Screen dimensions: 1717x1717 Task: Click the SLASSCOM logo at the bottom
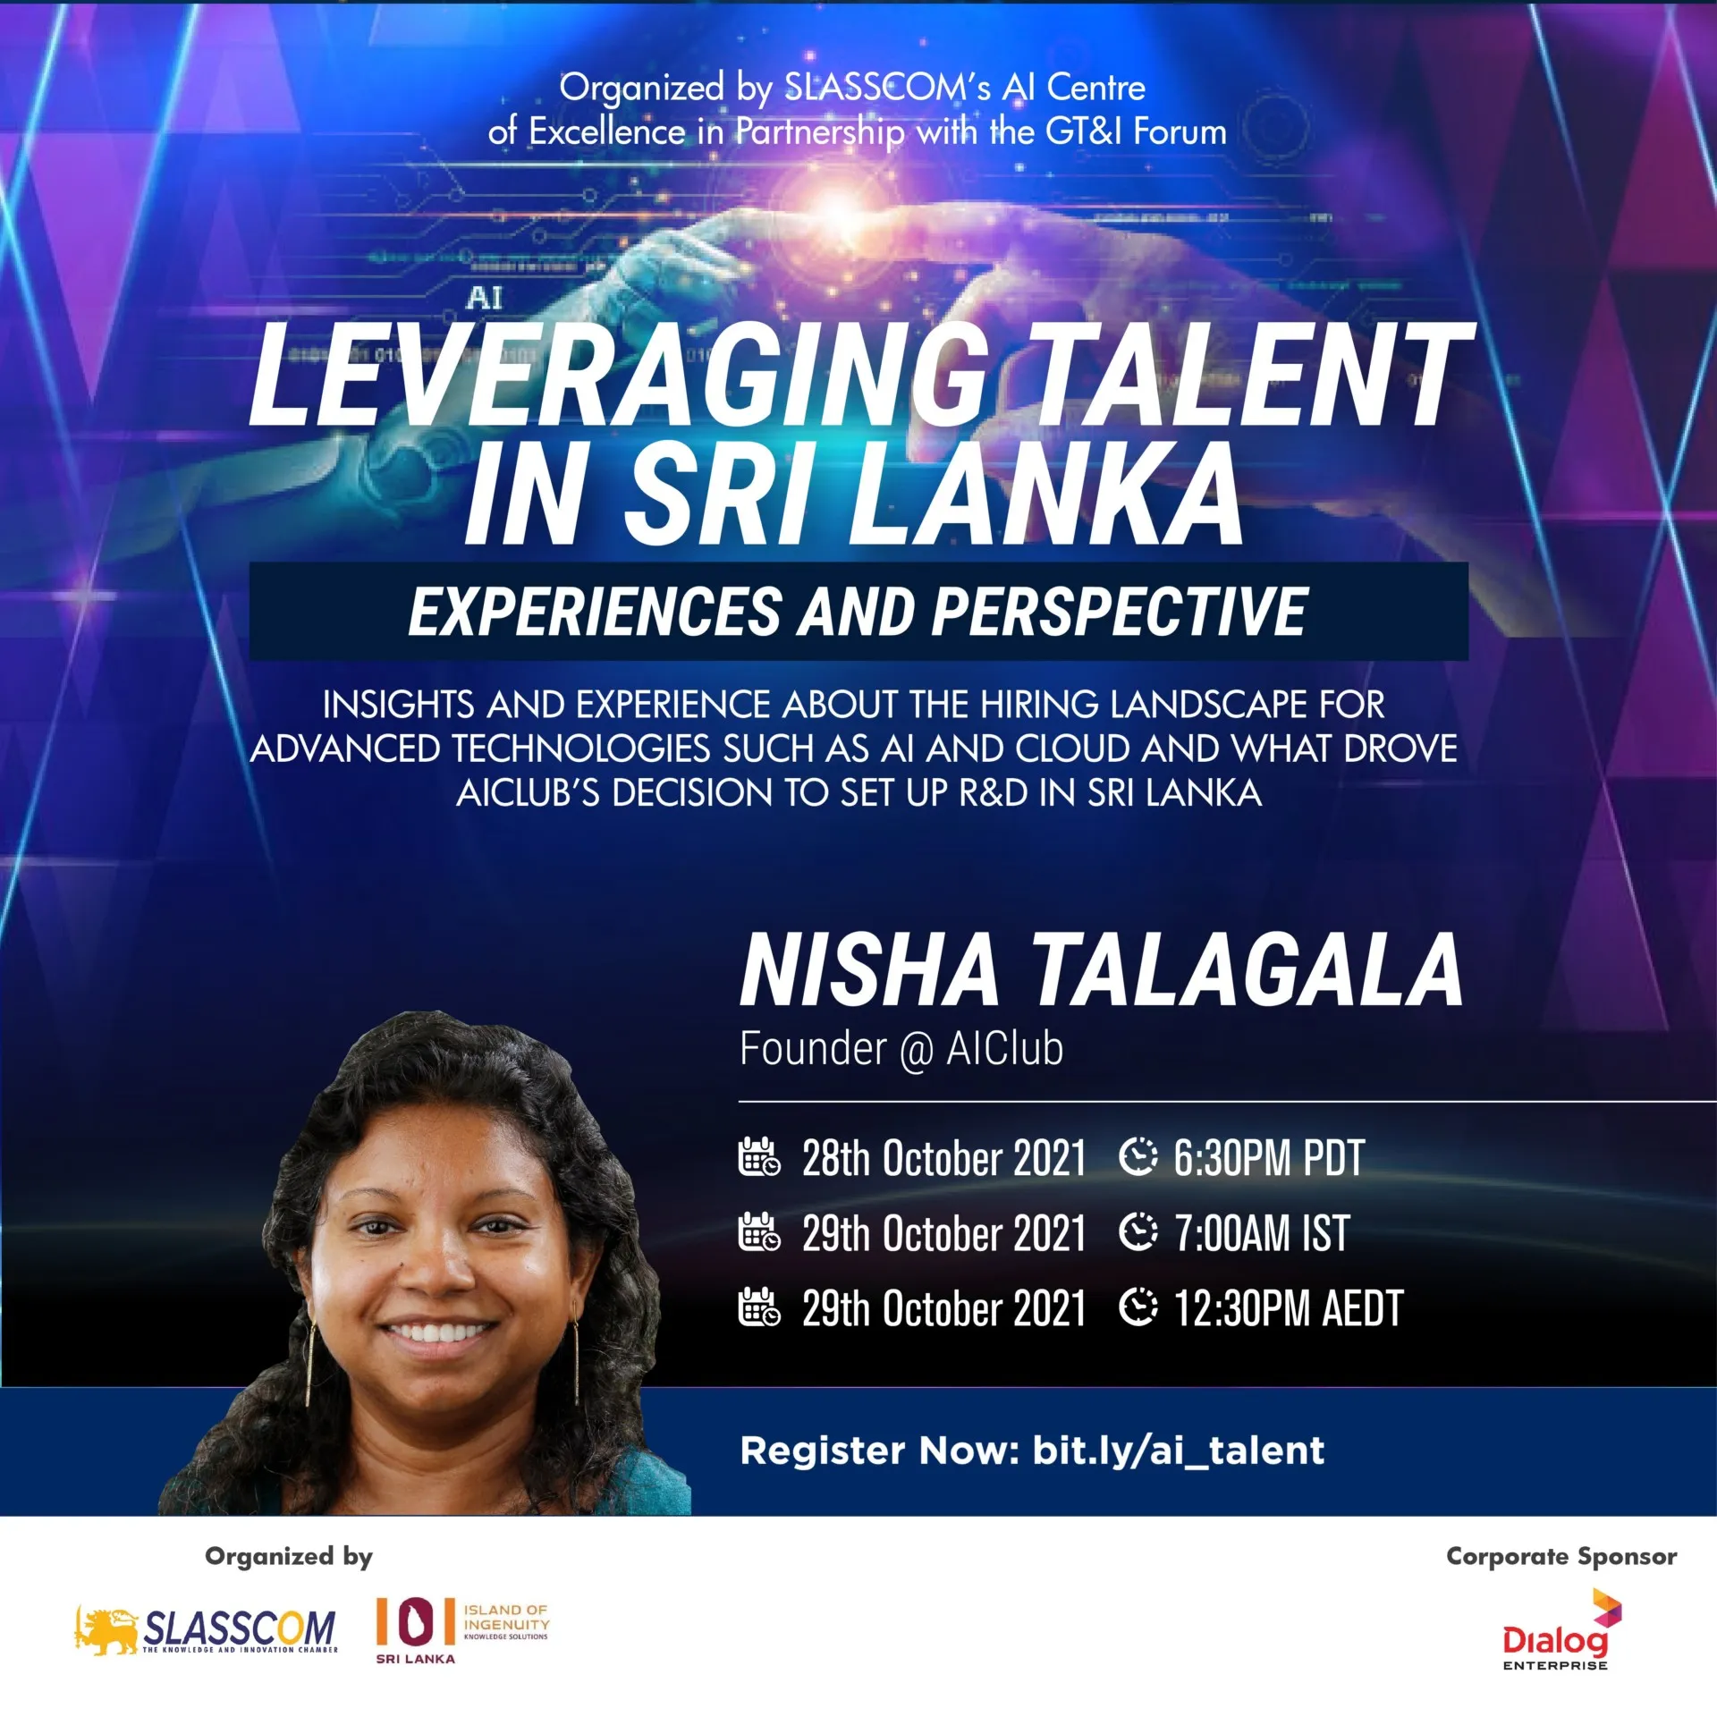(206, 1629)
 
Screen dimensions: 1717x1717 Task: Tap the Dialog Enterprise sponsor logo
(1561, 1629)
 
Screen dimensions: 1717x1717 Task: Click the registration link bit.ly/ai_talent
(1178, 1451)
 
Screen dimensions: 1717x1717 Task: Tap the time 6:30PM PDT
(1268, 1158)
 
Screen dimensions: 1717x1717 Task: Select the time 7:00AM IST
(1261, 1233)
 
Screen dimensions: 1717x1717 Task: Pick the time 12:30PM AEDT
(1288, 1308)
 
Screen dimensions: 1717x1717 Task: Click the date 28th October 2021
(943, 1158)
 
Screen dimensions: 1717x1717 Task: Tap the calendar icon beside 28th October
(759, 1156)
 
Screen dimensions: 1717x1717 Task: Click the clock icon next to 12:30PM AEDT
(1138, 1307)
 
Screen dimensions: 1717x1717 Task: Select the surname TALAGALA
(1249, 971)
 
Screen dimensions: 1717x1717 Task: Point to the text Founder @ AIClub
(901, 1049)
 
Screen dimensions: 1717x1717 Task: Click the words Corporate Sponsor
(1561, 1557)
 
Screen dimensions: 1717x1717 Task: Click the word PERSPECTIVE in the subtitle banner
(1120, 612)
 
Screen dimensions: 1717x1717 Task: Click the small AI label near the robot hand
(484, 298)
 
